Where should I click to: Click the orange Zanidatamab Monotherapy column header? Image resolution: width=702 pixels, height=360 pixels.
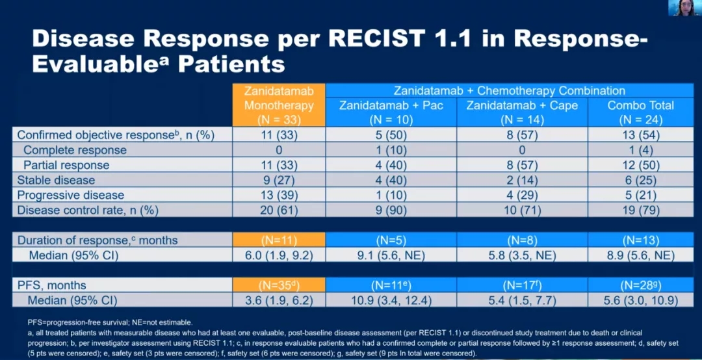click(x=279, y=105)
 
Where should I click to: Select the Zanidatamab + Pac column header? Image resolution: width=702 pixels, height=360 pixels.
click(x=391, y=112)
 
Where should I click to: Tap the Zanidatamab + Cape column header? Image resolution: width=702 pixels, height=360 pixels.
click(x=522, y=112)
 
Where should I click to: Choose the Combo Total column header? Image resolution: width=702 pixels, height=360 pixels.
click(x=640, y=112)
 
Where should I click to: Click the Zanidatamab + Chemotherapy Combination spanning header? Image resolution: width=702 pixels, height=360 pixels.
click(x=510, y=91)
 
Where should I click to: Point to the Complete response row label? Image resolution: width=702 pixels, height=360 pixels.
click(x=75, y=150)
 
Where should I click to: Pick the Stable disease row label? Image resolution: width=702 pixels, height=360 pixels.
click(x=56, y=180)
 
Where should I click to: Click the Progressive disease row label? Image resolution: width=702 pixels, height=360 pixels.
click(x=70, y=195)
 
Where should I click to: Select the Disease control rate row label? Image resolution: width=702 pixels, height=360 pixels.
click(x=87, y=210)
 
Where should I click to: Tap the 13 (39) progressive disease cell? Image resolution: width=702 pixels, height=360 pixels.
click(x=279, y=195)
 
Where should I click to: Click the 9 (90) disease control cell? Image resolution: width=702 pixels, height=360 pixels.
click(x=391, y=210)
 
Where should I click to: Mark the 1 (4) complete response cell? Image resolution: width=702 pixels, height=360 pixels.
click(x=640, y=150)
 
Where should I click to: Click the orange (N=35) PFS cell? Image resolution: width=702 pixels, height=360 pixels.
click(x=279, y=285)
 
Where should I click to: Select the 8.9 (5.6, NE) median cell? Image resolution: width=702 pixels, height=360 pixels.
click(x=640, y=255)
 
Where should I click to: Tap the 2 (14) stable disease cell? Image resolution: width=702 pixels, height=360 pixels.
click(x=522, y=180)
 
